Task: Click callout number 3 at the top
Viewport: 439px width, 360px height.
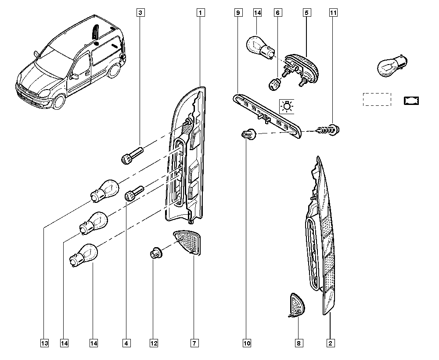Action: (140, 13)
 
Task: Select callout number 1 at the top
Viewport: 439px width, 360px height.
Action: (201, 13)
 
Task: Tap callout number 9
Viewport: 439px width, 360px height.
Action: (238, 13)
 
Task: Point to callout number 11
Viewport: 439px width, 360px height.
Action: (333, 13)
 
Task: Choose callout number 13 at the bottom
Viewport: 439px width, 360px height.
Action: (44, 343)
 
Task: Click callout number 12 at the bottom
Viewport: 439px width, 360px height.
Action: (154, 343)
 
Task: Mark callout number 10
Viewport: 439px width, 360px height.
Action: (247, 343)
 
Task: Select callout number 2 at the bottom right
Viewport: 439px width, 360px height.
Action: (331, 343)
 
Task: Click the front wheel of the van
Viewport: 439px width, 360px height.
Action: (59, 101)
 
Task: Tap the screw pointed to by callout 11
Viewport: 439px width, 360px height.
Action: (328, 130)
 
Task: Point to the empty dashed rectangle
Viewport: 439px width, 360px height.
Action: (377, 99)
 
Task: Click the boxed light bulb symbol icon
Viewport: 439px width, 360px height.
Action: (287, 106)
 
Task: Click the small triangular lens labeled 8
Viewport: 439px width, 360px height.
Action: (296, 306)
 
